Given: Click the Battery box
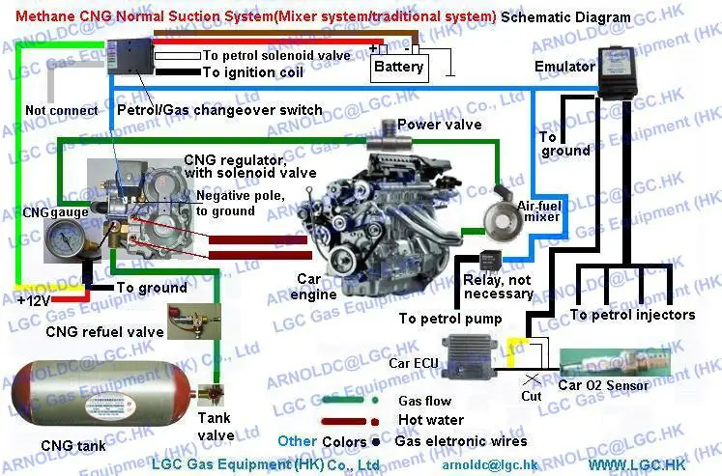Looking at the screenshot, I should point(399,66).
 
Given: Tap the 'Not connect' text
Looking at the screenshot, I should point(61,110).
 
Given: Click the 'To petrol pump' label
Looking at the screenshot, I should point(450,319).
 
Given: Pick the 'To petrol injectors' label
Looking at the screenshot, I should point(632,315).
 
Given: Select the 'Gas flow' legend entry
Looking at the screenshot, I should point(424,401).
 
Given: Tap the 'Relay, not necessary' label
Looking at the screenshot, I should point(498,286).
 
